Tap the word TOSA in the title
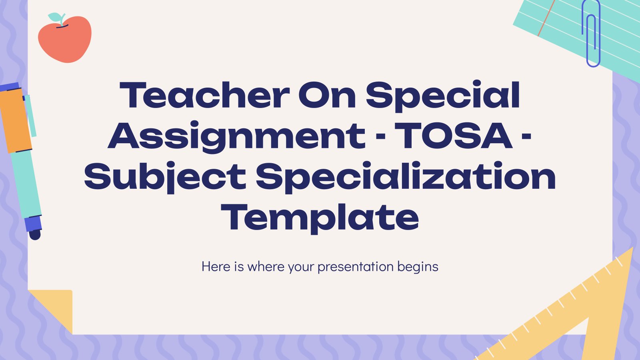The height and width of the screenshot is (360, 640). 453,136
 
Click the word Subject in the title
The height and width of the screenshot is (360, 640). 165,177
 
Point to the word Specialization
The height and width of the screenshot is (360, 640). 406,177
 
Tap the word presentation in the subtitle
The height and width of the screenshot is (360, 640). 356,267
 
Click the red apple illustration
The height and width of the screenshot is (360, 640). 65,38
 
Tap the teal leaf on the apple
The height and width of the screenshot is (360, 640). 55,17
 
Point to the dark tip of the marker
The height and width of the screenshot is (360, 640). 35,234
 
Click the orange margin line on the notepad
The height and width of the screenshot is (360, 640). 546,18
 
